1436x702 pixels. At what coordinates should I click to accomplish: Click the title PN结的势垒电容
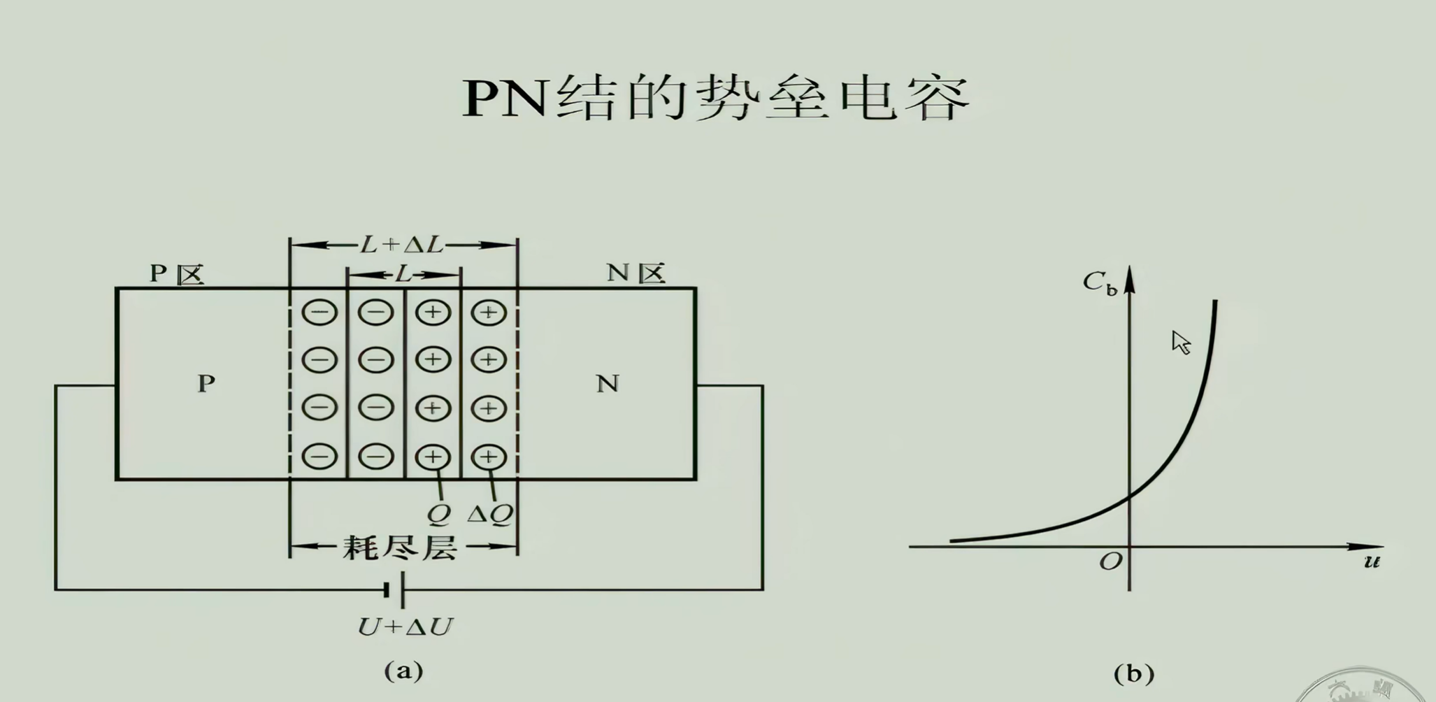(716, 99)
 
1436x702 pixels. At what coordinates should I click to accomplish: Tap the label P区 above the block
(177, 273)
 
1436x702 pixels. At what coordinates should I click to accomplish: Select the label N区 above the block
(635, 273)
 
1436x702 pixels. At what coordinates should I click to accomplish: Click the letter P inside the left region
(206, 383)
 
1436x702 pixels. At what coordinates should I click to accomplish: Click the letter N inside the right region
(608, 383)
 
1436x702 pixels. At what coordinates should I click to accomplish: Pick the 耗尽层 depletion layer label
(401, 547)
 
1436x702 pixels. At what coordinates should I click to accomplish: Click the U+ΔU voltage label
(405, 626)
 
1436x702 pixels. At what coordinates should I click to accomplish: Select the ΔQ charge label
(490, 515)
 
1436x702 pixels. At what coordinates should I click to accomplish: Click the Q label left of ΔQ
(438, 515)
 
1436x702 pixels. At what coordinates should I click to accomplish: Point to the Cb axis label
(1099, 282)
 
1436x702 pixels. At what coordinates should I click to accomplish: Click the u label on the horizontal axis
(1372, 561)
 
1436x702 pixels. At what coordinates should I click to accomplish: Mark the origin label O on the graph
(1110, 561)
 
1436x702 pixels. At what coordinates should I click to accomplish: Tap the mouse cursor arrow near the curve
(1180, 342)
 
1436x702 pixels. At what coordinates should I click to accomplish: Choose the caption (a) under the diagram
(404, 671)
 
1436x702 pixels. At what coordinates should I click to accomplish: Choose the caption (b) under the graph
(1133, 673)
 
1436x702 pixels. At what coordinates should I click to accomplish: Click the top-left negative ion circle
(319, 312)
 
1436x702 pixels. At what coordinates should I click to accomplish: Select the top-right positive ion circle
(489, 312)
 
